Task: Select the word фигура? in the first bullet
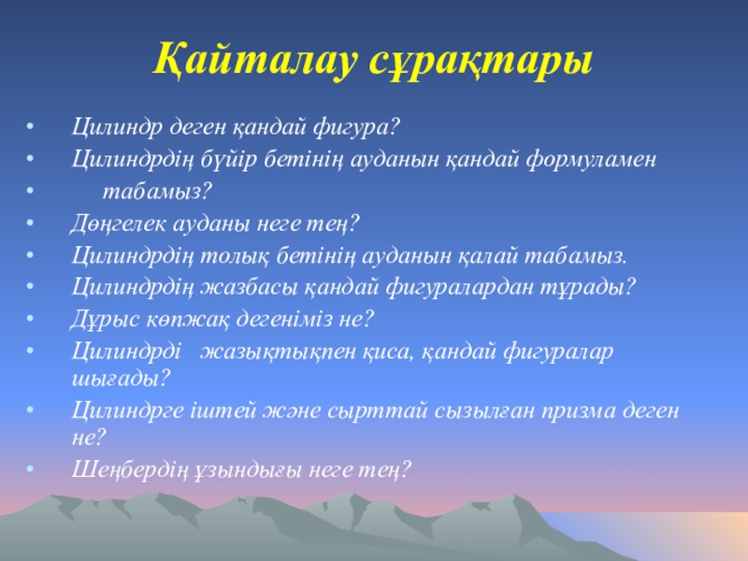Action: (x=356, y=128)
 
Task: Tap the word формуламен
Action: (x=592, y=160)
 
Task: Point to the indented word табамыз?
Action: (x=157, y=192)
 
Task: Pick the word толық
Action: (x=235, y=256)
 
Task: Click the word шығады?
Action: (x=122, y=379)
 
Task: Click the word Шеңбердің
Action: (x=130, y=470)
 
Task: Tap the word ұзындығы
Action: (x=248, y=470)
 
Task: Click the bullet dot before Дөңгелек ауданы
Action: (x=31, y=223)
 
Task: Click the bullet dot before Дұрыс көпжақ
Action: (x=31, y=318)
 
